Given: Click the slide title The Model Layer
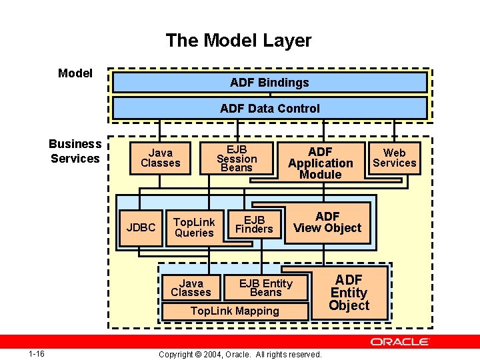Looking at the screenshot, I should [238, 41].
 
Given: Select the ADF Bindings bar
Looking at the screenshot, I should [269, 83].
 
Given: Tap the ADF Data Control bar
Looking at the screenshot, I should [269, 108].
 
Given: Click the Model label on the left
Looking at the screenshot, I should [75, 73].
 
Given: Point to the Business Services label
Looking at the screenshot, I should [75, 151].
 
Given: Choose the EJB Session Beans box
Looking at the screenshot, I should [237, 158].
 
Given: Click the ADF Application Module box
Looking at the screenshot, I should [320, 163].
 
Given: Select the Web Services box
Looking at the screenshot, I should [394, 158].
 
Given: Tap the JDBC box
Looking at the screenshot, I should [141, 227].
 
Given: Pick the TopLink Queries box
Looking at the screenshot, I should [194, 227].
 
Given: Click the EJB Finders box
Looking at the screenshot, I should [254, 225].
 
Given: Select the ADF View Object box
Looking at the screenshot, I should [327, 222].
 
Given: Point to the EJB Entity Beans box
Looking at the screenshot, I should [265, 287].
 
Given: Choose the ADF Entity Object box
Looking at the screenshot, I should [349, 293].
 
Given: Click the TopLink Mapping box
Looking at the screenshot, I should [235, 311].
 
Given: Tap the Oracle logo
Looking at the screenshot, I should [400, 341].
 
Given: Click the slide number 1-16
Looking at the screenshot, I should [37, 353].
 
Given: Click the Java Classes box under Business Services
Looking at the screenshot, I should [160, 158].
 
